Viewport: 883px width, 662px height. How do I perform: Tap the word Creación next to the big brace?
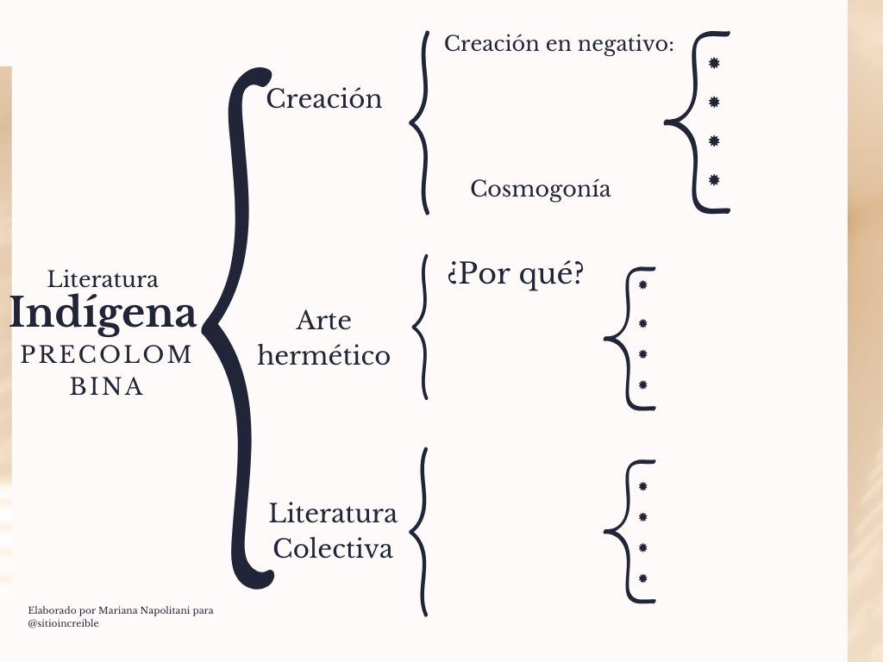coord(323,99)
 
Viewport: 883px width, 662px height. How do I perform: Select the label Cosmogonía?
coord(541,189)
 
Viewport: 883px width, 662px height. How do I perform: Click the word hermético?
coord(323,355)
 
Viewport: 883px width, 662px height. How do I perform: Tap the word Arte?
coord(323,321)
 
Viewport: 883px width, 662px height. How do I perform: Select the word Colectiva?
coord(333,548)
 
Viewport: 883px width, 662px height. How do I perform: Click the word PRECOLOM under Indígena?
coord(107,355)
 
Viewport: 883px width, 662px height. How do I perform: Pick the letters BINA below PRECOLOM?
coord(107,387)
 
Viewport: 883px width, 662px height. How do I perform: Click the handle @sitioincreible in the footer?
coord(63,623)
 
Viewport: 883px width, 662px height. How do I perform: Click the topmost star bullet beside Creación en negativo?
coord(714,64)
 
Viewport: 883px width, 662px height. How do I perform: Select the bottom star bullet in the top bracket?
coord(714,180)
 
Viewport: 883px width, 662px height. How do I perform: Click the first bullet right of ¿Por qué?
coord(642,284)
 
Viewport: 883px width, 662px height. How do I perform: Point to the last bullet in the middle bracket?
coord(642,384)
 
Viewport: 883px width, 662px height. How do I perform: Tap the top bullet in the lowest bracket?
coord(642,486)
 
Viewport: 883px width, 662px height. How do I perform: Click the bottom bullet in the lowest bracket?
coord(642,578)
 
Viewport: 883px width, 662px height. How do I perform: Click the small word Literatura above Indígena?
coord(103,279)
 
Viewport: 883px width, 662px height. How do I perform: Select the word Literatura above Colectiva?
coord(333,514)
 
